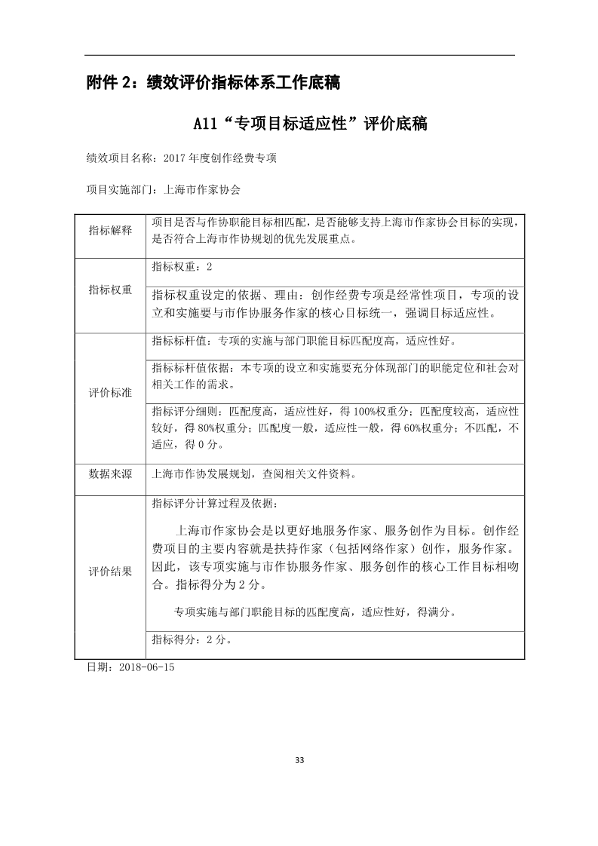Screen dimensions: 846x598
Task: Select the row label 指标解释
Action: (110, 230)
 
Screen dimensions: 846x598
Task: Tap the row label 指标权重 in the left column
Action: (110, 290)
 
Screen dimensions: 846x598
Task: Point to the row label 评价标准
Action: (110, 393)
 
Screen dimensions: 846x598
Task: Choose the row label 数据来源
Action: (110, 474)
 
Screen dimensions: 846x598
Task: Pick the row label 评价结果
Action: (110, 571)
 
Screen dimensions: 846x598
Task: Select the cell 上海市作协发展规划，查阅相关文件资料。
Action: (253, 474)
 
